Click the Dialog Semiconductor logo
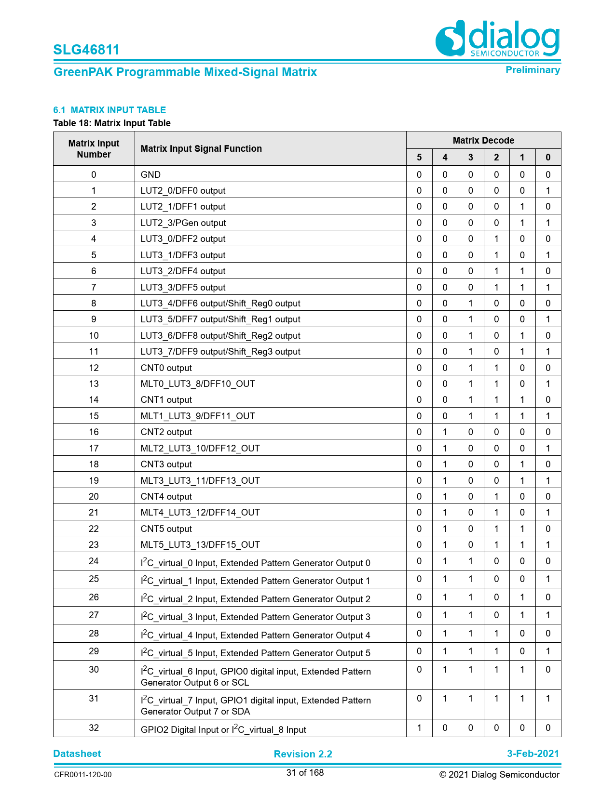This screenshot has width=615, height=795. (497, 39)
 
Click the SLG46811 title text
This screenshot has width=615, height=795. (86, 50)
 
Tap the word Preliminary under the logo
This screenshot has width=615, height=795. (533, 70)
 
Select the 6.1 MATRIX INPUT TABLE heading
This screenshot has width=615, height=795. (109, 110)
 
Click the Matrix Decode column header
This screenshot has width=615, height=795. (483, 140)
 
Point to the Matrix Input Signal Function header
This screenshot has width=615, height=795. (201, 148)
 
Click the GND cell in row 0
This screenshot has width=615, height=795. (150, 174)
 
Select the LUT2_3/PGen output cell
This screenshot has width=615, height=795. (183, 223)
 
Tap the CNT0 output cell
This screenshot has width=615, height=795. (166, 368)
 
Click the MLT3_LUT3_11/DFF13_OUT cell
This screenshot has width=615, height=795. (200, 480)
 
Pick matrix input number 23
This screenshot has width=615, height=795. (94, 544)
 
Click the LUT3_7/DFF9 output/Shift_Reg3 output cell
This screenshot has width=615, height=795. (220, 351)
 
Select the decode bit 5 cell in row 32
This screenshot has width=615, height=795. (419, 728)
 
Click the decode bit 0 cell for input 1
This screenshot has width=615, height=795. (548, 190)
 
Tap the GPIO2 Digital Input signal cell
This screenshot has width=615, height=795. (223, 729)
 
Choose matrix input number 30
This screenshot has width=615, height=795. (94, 669)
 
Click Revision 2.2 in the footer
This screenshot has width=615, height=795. (303, 754)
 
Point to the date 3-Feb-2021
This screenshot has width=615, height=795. (533, 754)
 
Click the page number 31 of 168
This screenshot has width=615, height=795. (305, 773)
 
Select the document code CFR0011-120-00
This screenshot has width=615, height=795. (82, 775)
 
